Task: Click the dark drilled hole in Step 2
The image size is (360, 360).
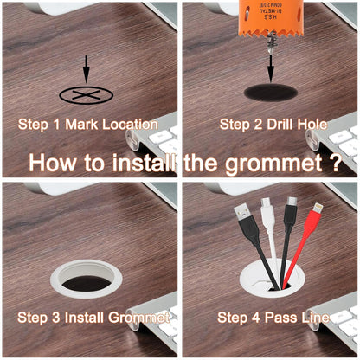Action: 272,92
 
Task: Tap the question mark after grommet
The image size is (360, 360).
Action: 335,163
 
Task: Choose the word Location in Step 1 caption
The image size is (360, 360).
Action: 130,124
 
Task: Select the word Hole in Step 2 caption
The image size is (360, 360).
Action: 312,124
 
